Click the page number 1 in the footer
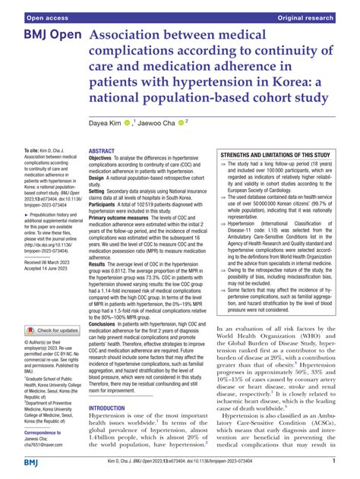point(334,461)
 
